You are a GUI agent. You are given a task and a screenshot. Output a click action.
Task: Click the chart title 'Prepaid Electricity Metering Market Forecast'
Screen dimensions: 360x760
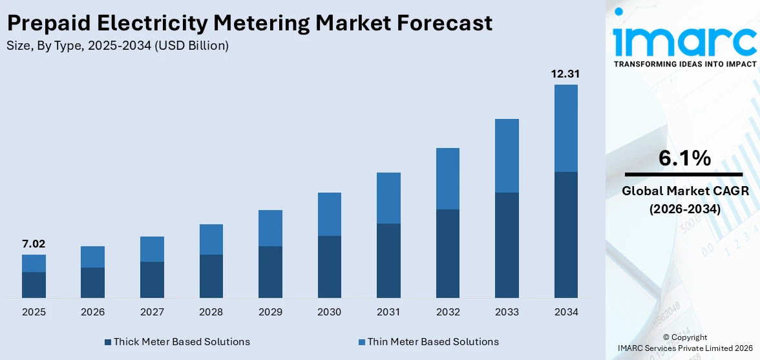point(249,23)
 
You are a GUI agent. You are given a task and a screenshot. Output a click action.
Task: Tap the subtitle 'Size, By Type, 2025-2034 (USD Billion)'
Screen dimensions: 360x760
point(117,46)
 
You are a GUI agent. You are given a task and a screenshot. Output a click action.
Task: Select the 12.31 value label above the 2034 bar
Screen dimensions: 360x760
point(565,74)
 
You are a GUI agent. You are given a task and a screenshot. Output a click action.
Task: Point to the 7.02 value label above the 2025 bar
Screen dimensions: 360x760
point(34,244)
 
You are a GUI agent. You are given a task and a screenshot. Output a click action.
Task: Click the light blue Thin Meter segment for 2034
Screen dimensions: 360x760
point(565,128)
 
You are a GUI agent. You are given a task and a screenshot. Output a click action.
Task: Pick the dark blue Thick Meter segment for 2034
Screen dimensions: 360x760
point(565,235)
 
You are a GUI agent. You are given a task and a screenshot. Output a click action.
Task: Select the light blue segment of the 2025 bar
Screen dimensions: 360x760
point(34,263)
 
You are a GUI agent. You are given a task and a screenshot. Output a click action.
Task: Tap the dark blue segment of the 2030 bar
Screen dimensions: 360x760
point(329,266)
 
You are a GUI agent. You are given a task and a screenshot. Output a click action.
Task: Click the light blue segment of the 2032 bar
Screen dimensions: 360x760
point(447,178)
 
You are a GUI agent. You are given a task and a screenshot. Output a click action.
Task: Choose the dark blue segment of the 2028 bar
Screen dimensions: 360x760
point(211,276)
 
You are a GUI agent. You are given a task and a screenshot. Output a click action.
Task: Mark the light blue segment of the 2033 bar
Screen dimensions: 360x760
point(507,156)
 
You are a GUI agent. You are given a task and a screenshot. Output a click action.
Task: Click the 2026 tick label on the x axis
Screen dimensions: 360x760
point(93,312)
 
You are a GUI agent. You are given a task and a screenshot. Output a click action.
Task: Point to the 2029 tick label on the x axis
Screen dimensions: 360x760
point(270,312)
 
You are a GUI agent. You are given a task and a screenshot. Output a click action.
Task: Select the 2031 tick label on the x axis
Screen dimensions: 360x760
point(388,312)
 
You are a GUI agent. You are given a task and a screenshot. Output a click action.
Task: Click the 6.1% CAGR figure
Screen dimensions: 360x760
point(684,158)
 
